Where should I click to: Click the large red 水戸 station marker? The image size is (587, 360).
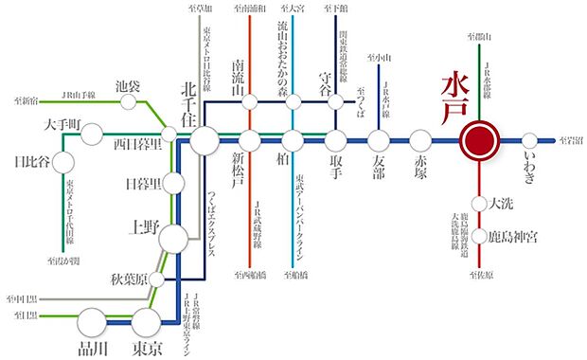480,142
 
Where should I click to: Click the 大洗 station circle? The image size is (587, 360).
480,202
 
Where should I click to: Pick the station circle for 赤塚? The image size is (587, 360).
421,142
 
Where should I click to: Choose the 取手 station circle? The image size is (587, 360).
336,142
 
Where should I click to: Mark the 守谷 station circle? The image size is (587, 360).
336,102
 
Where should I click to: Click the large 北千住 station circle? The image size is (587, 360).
204,142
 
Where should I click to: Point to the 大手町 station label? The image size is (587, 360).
39,123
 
